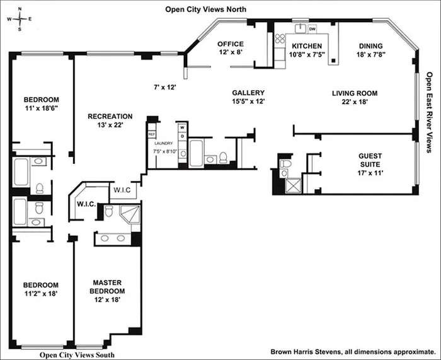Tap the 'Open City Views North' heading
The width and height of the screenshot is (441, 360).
tap(206, 9)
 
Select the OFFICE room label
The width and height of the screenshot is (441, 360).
tap(231, 44)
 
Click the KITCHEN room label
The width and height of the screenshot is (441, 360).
tap(306, 46)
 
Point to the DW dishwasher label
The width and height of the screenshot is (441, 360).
tap(312, 28)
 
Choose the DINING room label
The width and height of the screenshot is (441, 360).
tap(371, 46)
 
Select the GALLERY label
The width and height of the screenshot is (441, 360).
tap(248, 93)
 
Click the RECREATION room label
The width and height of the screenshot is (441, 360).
tap(110, 116)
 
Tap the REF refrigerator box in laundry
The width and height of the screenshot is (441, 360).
tap(151, 134)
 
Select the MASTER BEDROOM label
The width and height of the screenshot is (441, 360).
tap(107, 287)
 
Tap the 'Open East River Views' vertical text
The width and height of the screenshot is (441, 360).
tap(430, 113)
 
